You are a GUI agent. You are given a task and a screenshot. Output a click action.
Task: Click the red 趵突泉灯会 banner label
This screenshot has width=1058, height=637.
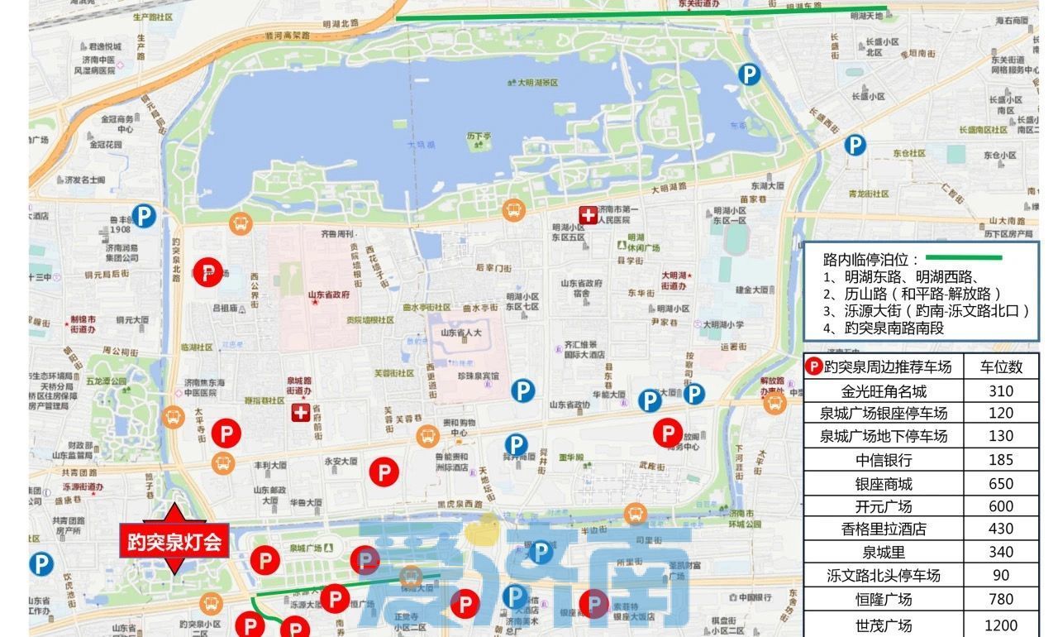(174, 542)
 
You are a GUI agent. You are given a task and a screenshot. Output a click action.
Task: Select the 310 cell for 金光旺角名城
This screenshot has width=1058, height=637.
(1000, 390)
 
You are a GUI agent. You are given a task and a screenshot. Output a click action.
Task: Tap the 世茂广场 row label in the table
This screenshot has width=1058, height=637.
(884, 625)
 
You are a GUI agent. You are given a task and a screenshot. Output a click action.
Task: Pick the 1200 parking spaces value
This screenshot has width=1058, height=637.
(1000, 625)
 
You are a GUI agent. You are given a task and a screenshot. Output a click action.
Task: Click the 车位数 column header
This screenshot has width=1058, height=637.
(1000, 366)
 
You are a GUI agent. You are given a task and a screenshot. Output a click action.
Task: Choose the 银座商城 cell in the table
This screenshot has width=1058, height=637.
(884, 483)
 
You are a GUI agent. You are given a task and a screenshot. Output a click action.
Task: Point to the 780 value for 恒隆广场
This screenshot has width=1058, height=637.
(1000, 599)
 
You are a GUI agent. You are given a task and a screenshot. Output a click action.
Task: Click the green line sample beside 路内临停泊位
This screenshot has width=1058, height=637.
(963, 258)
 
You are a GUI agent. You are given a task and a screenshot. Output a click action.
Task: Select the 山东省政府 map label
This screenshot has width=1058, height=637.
(328, 295)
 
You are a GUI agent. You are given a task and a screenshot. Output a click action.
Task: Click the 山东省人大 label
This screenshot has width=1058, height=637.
(460, 333)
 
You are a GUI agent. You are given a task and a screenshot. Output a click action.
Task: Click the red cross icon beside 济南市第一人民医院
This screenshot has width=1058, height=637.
(588, 215)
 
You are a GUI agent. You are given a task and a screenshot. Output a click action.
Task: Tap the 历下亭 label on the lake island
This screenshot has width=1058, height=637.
(479, 136)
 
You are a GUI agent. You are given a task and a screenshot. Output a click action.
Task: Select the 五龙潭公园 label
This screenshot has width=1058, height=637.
(107, 381)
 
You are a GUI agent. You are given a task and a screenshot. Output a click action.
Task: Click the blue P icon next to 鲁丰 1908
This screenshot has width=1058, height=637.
(145, 217)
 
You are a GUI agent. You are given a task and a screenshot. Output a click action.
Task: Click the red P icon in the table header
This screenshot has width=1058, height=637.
(814, 366)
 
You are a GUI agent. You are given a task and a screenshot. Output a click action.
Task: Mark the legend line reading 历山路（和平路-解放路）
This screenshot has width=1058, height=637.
(913, 294)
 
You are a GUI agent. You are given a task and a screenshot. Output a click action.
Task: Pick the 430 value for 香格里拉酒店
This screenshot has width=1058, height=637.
(1000, 529)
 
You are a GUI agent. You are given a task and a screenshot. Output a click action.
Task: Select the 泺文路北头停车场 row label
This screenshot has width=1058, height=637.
(884, 575)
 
